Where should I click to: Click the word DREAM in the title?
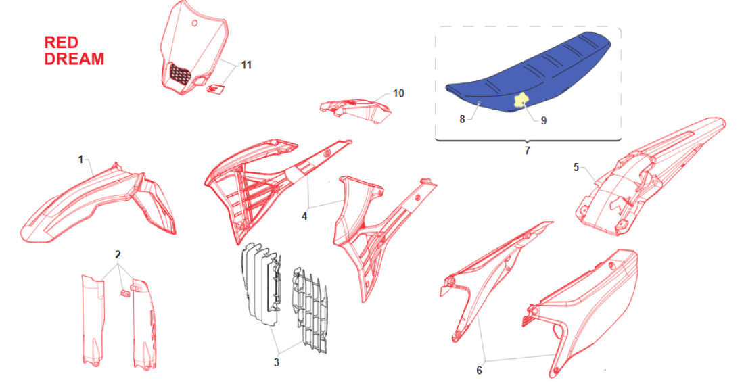74,59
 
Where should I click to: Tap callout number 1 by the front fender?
80,160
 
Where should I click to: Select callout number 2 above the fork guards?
118,255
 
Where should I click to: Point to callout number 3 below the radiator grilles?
276,362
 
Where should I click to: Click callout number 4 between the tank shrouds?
304,216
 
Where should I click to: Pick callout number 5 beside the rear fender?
576,167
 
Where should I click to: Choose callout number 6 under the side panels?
480,370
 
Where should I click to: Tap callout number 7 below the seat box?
527,151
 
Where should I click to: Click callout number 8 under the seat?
462,119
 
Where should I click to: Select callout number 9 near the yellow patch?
544,120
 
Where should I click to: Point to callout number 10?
398,93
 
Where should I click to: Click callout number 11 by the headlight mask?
246,64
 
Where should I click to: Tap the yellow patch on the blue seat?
522,99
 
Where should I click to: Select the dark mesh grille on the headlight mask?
181,74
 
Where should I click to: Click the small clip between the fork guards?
125,292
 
